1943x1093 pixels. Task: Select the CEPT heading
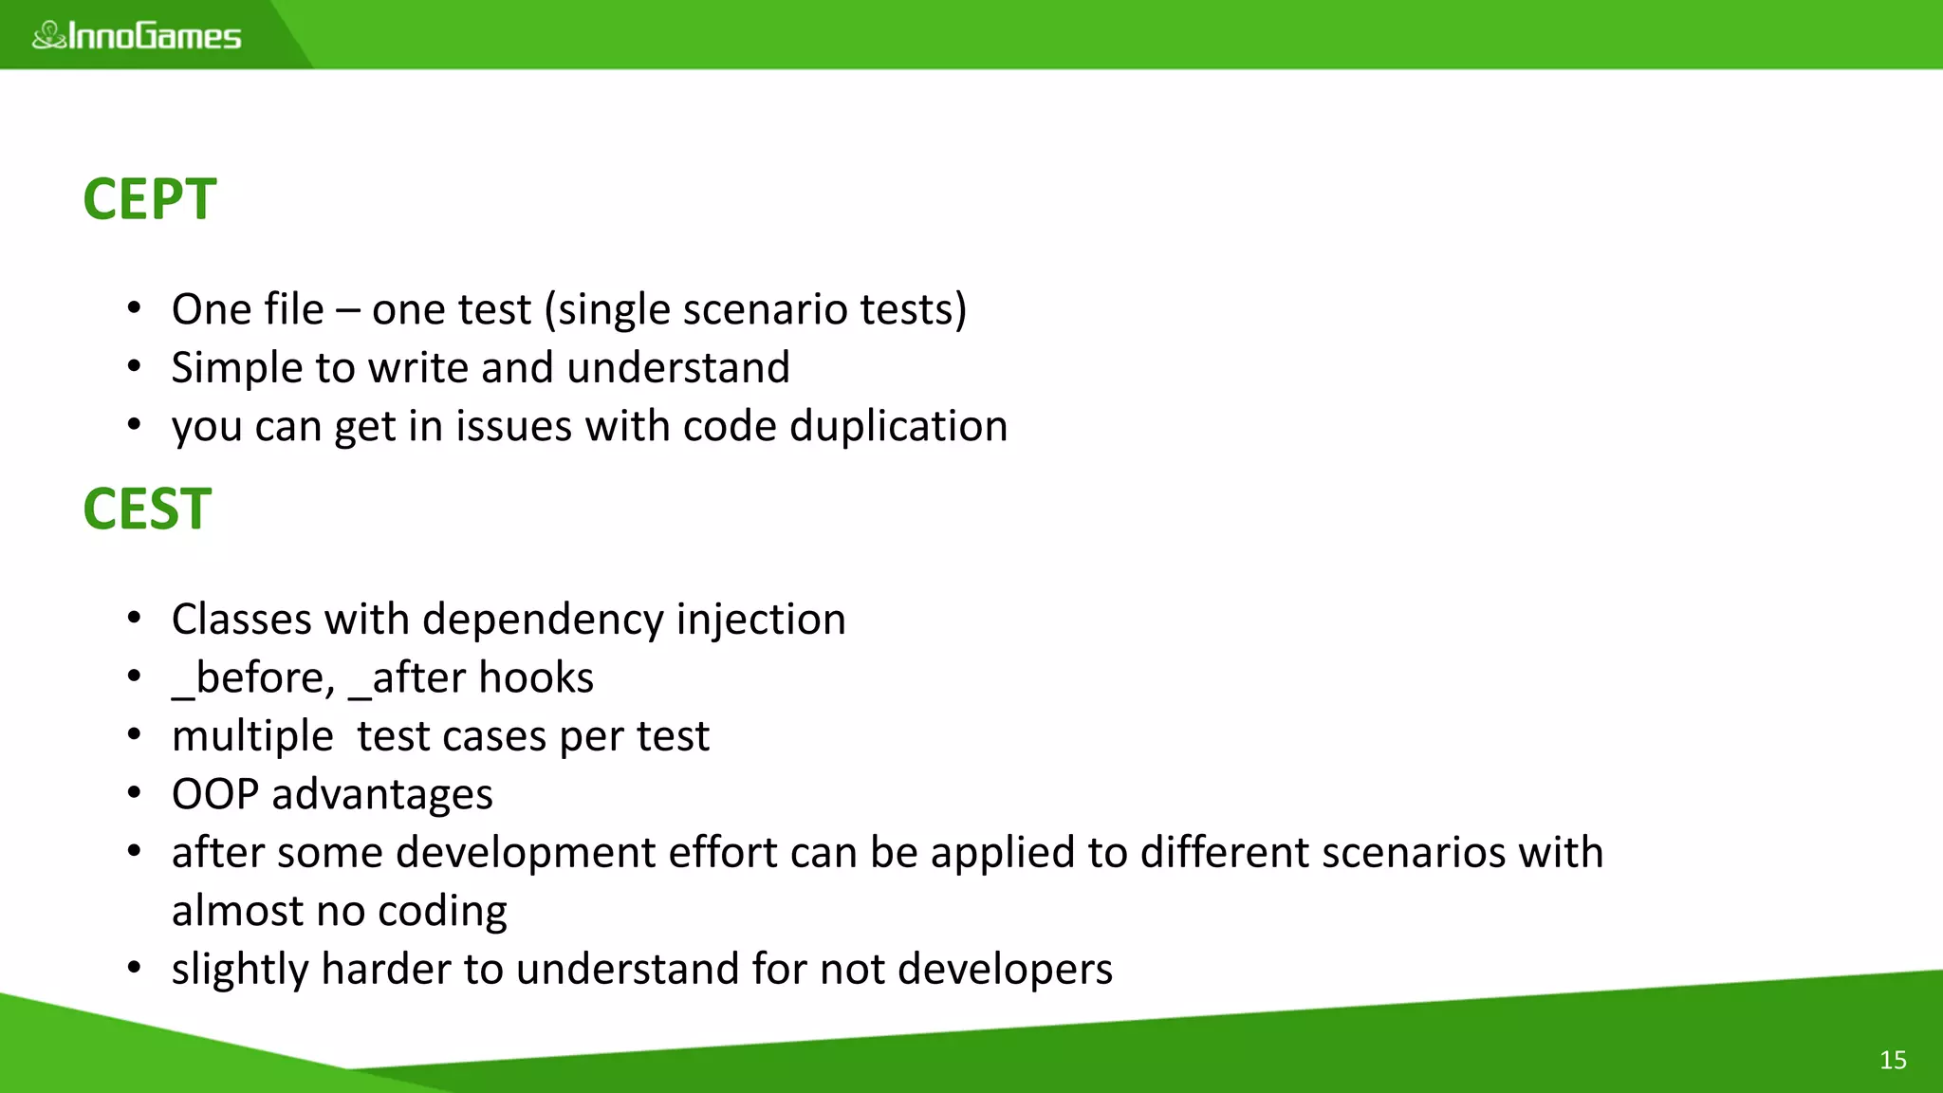click(x=150, y=199)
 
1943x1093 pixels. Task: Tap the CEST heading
click(x=147, y=509)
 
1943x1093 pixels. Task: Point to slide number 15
click(x=1893, y=1060)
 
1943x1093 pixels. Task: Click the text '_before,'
click(x=253, y=678)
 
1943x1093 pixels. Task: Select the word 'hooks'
click(x=536, y=678)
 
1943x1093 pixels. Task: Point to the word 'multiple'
click(x=252, y=737)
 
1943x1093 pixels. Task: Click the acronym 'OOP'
click(x=214, y=794)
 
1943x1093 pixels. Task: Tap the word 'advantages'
click(x=382, y=795)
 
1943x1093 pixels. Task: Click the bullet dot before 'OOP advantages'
click(x=135, y=793)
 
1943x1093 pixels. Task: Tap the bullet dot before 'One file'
click(x=135, y=308)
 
